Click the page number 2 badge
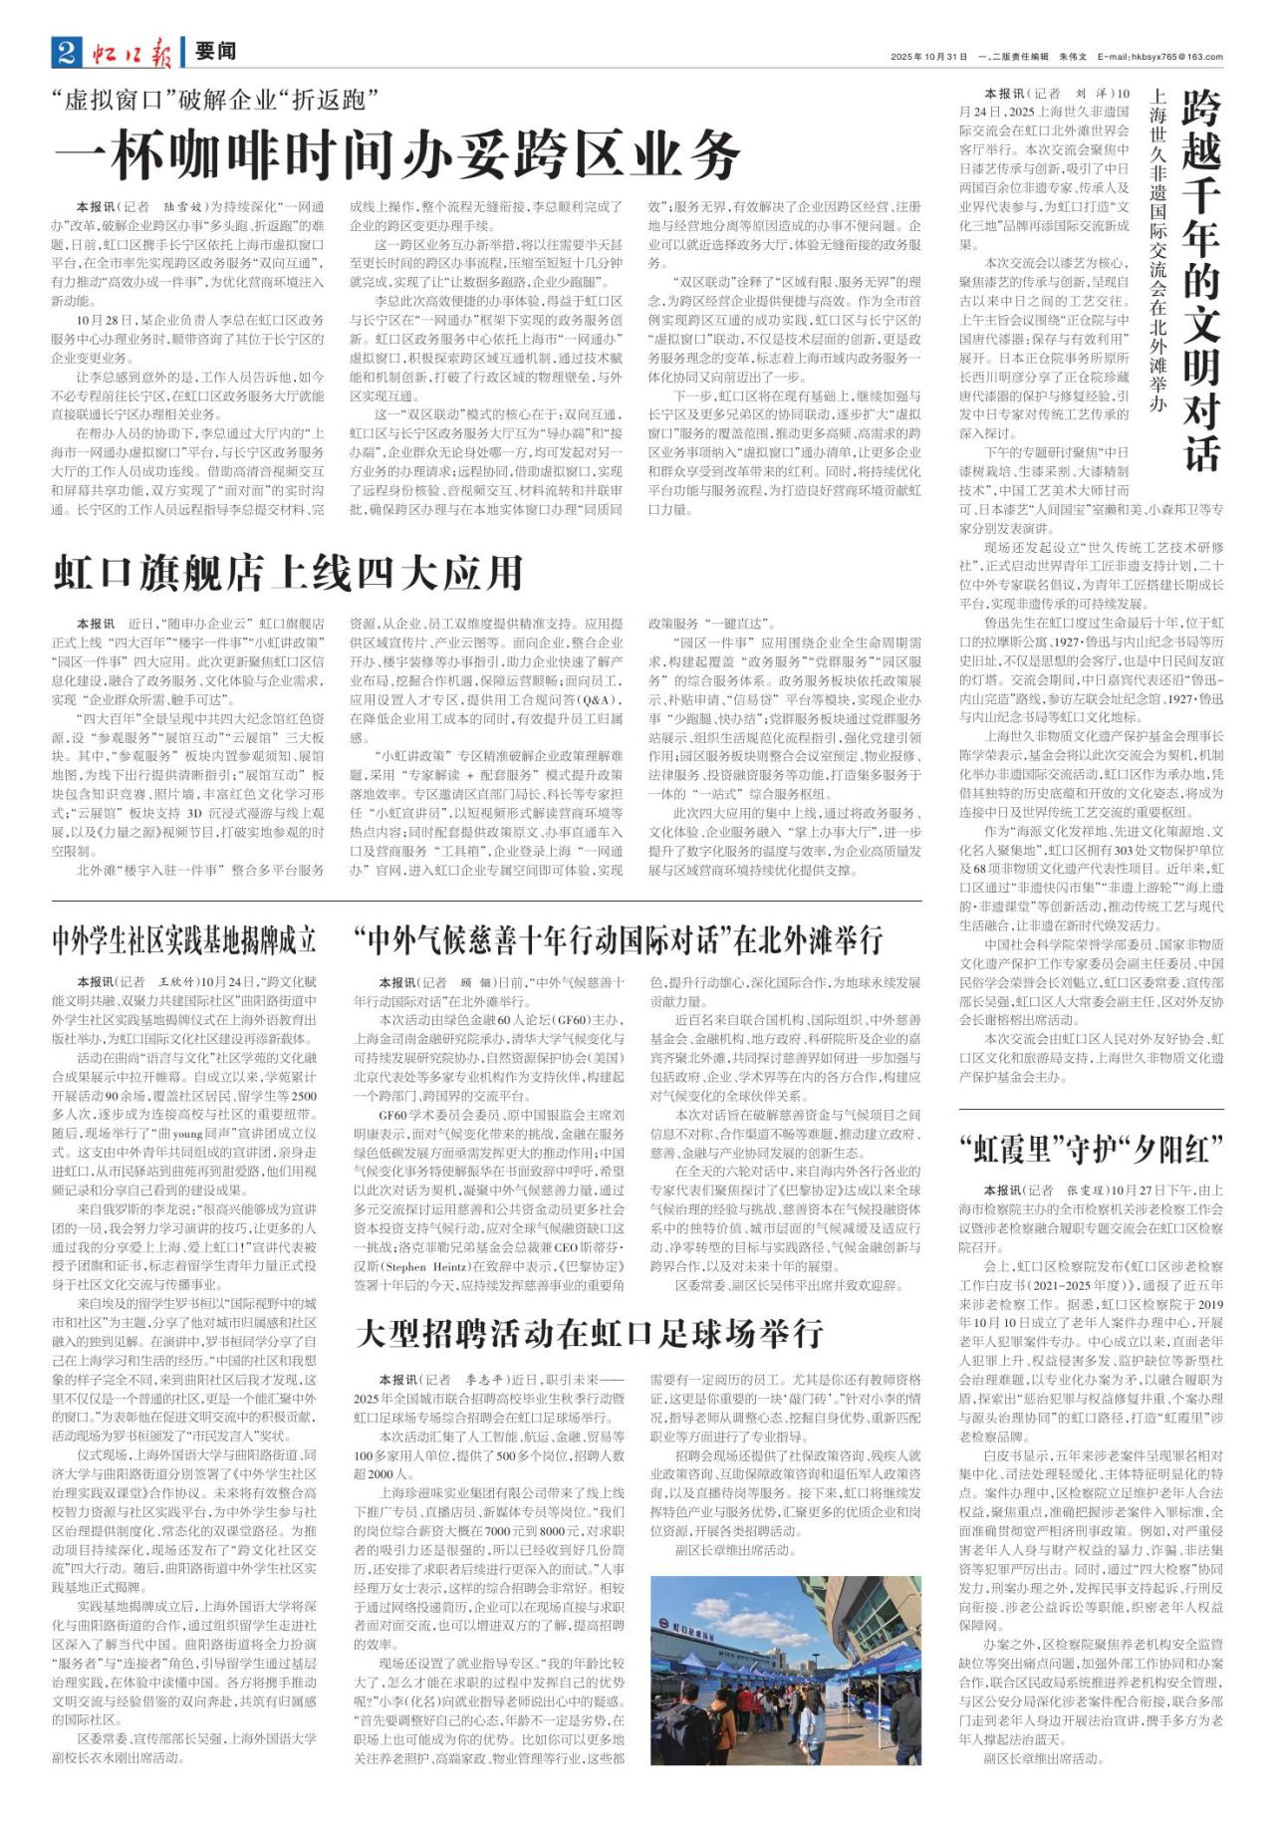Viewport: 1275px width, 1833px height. click(67, 53)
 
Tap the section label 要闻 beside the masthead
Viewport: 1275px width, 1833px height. click(215, 53)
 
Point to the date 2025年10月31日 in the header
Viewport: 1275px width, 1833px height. click(929, 57)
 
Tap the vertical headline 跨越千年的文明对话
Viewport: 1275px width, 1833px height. click(1201, 279)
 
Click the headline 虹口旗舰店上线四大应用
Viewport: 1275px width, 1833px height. click(289, 574)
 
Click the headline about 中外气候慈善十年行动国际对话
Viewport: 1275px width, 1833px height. click(619, 939)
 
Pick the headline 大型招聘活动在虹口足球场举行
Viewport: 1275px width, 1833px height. click(590, 1333)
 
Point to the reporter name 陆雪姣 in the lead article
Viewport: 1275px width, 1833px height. click(186, 207)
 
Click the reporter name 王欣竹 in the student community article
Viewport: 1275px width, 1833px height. click(178, 982)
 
